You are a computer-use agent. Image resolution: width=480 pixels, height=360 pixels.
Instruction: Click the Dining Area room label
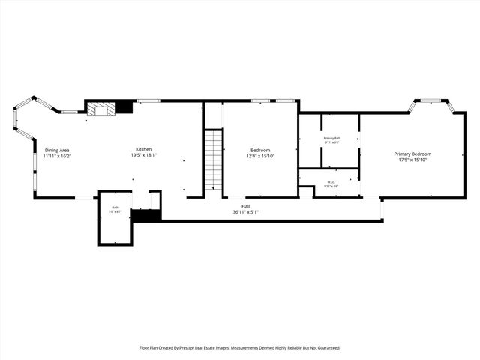57,150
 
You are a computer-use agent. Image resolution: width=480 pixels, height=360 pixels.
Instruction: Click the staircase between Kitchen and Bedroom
214,159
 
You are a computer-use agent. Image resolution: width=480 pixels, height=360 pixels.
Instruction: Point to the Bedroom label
261,150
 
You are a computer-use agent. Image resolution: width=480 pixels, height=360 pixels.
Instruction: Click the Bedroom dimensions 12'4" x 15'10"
261,156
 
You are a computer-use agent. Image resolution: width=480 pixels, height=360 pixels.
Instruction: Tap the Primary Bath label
332,139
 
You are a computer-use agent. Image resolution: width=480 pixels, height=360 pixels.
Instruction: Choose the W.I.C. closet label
330,181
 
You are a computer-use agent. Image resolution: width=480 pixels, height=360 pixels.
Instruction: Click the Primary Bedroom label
413,154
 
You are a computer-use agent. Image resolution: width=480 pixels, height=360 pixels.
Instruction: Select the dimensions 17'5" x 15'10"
413,160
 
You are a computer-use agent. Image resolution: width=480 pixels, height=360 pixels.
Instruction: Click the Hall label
245,206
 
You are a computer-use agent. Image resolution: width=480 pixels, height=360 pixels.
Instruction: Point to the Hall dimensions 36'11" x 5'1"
245,212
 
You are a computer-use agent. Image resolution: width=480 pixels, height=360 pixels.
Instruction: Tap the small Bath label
115,208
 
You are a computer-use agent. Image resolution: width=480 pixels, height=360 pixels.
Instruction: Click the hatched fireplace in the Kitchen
100,109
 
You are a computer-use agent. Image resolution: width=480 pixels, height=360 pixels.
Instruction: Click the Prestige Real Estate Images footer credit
240,348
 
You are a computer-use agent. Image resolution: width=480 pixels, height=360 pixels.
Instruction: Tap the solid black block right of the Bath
145,215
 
